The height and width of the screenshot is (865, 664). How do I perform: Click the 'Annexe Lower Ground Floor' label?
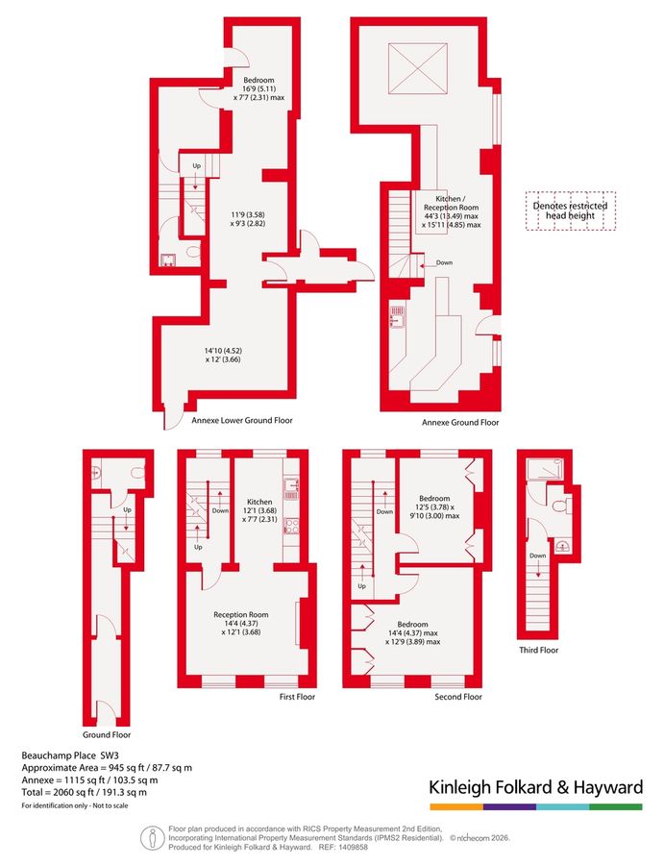click(x=241, y=420)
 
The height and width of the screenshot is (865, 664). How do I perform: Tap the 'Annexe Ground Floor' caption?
click(x=460, y=422)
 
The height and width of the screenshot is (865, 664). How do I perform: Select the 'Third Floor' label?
click(x=540, y=650)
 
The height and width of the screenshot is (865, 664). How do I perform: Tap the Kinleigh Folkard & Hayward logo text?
click(x=535, y=788)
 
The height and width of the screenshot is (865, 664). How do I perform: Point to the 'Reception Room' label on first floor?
click(x=240, y=615)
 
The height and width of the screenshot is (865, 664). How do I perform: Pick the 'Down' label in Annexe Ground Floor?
click(x=443, y=262)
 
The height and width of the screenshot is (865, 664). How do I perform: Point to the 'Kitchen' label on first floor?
click(x=259, y=503)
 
